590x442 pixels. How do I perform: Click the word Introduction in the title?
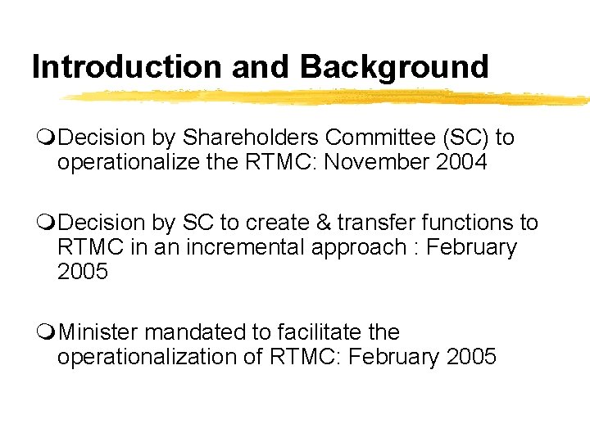[x=127, y=66]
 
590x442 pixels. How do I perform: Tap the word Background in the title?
[x=394, y=66]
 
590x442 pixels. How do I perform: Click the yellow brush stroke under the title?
[x=328, y=98]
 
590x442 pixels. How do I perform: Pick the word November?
[x=376, y=162]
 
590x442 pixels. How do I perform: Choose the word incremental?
[x=228, y=247]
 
